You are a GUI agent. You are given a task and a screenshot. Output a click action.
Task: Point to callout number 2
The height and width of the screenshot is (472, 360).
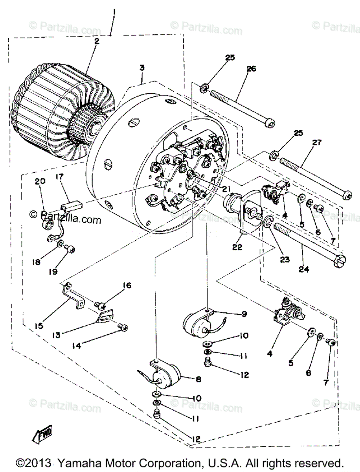point(97,41)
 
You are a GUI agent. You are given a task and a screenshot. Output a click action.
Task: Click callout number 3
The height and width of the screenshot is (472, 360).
point(141,68)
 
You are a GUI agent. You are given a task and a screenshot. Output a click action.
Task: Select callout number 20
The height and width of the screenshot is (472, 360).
point(40,181)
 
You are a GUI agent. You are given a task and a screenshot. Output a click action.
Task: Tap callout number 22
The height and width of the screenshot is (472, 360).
point(237,247)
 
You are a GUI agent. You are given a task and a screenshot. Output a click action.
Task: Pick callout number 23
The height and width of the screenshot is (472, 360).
point(285,259)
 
